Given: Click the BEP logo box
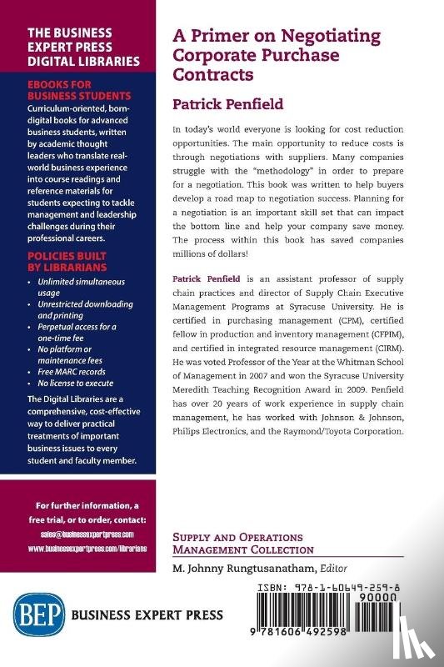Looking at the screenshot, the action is point(33,615).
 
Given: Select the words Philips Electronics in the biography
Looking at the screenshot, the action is point(216,431).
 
